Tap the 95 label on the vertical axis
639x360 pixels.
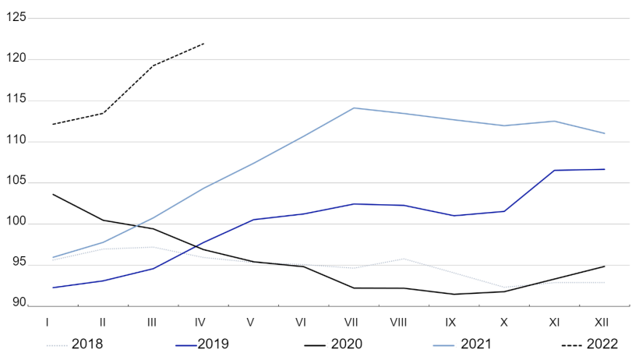coord(19,264)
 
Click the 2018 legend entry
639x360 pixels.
coord(86,343)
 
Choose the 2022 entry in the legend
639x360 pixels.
coord(602,343)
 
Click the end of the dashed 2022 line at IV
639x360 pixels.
coord(204,44)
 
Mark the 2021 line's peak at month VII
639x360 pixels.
coord(355,108)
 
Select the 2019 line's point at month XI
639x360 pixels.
coord(555,170)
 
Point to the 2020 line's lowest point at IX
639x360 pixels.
coord(454,294)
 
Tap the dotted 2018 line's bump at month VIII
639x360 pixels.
coord(404,259)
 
